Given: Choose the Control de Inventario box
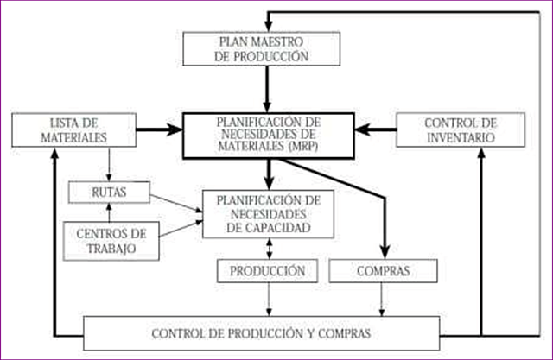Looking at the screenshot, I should pyautogui.click(x=460, y=129).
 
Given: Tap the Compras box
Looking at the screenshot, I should pyautogui.click(x=382, y=271).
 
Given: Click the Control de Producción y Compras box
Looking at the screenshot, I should pyautogui.click(x=261, y=333).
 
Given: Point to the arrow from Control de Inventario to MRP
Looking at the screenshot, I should pyautogui.click(x=376, y=129).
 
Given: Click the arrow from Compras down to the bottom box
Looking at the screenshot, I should pyautogui.click(x=382, y=300).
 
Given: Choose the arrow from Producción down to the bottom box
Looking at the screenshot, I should pyautogui.click(x=269, y=300).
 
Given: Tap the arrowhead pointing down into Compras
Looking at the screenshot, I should pyautogui.click(x=382, y=250).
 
